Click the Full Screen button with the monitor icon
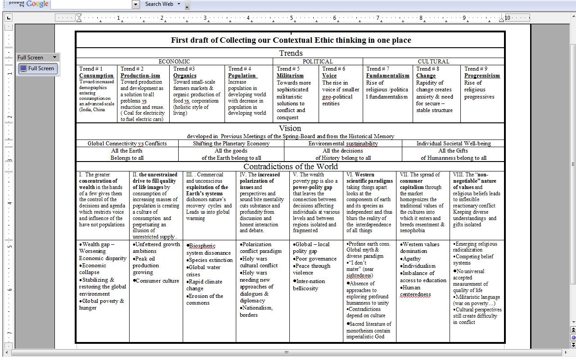[x=37, y=68]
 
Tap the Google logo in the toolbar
[x=37, y=4]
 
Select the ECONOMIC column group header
[x=174, y=62]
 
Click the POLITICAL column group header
[x=317, y=62]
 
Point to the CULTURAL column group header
[x=433, y=62]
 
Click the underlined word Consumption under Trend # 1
[x=96, y=76]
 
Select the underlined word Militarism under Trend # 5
[x=290, y=76]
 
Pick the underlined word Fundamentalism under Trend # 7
[x=387, y=76]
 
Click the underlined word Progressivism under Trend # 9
[x=482, y=76]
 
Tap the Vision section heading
[x=290, y=128]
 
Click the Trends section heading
[x=291, y=53]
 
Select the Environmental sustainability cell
[x=343, y=144]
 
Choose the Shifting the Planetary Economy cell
[x=231, y=144]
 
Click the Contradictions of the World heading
[x=290, y=166]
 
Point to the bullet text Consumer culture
[x=157, y=281]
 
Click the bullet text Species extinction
[x=211, y=260]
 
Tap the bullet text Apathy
[x=412, y=259]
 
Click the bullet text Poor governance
[x=316, y=259]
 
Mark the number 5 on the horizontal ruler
[x=291, y=18]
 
